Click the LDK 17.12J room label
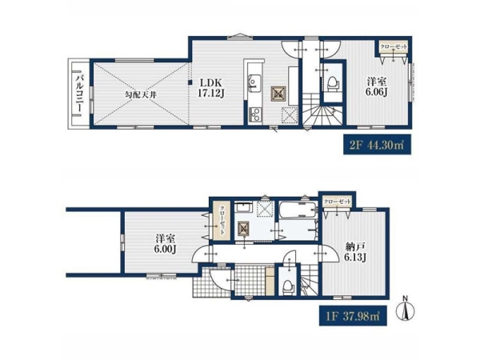pos(212,88)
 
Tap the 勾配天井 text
pos(141,94)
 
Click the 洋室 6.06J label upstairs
pos(377,86)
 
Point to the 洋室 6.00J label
pos(165,244)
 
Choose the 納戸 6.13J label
pos(355,252)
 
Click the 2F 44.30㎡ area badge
pos(377,145)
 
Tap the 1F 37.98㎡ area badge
pos(353,316)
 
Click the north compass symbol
pos(405,309)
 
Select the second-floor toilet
pos(333,83)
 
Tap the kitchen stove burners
pos(254,114)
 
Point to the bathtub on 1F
pos(298,209)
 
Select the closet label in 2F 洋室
pos(394,47)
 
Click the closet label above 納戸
pos(337,202)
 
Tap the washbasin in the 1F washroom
pos(243,206)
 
